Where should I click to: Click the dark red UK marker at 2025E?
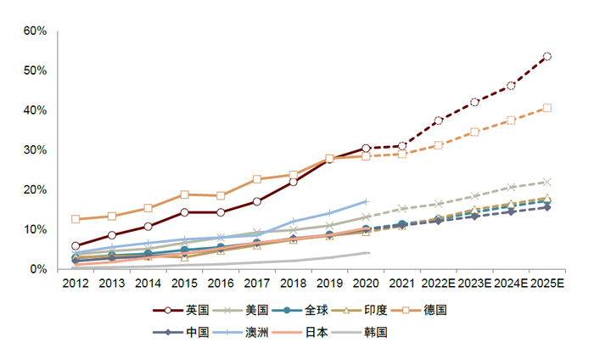coord(547,57)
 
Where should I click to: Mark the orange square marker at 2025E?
coord(547,108)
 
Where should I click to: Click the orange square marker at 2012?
coord(76,219)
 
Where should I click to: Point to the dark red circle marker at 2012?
coord(76,245)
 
